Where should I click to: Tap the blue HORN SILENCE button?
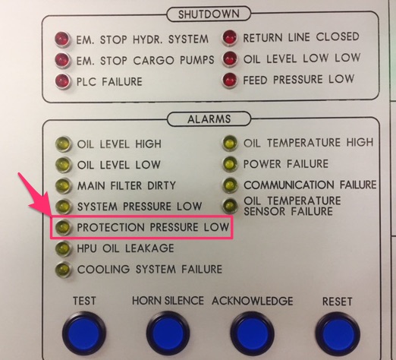168,333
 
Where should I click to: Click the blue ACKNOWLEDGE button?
252,333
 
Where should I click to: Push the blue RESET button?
338,334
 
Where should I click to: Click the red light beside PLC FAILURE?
62,81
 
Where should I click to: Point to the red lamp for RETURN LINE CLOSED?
230,38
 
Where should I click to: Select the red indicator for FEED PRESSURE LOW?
230,81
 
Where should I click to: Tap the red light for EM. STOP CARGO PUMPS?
62,60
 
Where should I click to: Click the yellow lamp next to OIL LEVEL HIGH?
63,144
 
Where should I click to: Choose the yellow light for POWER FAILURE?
230,164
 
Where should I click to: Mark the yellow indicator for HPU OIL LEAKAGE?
62,248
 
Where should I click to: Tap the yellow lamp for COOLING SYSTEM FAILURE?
63,270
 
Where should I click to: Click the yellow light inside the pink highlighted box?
63,227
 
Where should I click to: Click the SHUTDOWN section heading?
209,14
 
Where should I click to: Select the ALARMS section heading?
209,118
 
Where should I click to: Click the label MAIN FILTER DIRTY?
127,185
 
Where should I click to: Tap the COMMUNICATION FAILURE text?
310,185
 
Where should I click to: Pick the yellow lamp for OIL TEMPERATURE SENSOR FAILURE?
230,206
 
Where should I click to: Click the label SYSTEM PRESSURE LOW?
140,207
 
